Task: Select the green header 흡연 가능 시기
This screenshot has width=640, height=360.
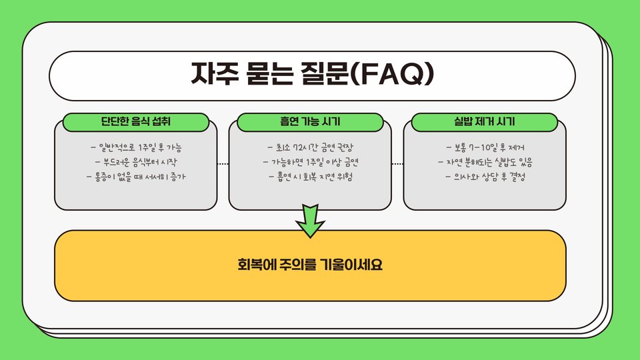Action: coord(310,122)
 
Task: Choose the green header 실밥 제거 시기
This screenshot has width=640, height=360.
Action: coord(484,122)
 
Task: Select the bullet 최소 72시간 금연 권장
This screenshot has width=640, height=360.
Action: coord(310,147)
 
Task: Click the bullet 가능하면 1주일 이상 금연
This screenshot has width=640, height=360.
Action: coord(310,162)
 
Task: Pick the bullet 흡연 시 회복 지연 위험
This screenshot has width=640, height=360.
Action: coord(310,177)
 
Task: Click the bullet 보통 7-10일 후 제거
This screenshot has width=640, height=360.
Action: coord(485,147)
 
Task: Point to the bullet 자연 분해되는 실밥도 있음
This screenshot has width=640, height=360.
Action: coord(485,162)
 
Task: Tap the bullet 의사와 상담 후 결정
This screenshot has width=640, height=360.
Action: coord(485,177)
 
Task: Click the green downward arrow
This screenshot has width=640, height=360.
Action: coord(310,222)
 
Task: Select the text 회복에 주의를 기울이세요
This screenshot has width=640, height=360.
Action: coord(310,265)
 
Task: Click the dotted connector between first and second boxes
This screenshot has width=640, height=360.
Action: coord(223,163)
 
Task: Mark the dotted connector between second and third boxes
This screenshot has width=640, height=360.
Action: coord(397,163)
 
